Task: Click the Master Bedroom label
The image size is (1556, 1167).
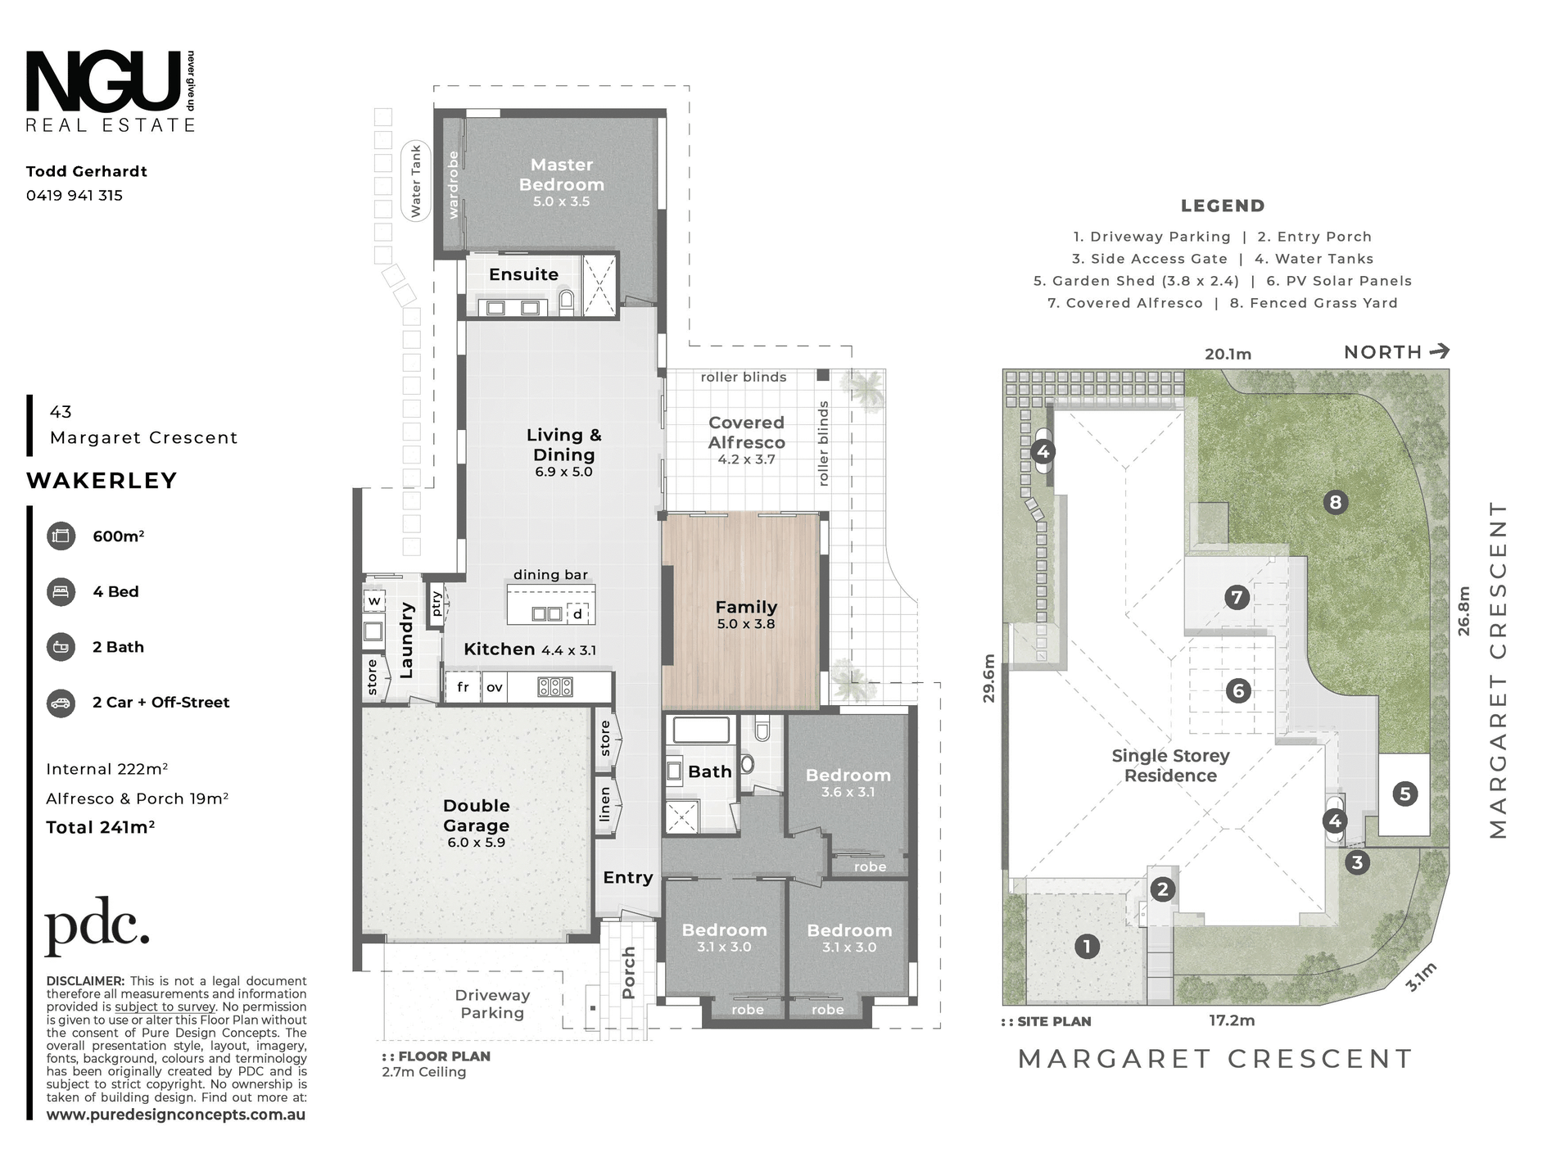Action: (x=562, y=174)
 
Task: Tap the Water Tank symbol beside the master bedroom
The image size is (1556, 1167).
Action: (x=415, y=181)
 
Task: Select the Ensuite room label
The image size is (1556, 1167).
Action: (x=523, y=274)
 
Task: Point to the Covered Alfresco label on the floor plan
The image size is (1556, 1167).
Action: (x=746, y=432)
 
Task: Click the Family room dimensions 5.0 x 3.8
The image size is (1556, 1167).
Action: (x=746, y=624)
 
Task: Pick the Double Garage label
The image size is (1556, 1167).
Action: (x=477, y=816)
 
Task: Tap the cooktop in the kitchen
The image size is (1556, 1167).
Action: (x=555, y=687)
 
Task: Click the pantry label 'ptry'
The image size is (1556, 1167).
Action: (x=436, y=604)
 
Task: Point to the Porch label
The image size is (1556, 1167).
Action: (x=629, y=973)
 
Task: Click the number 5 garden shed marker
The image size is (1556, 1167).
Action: (x=1405, y=794)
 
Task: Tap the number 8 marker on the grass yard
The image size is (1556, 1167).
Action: (x=1336, y=502)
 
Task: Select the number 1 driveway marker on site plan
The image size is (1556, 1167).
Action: (x=1087, y=947)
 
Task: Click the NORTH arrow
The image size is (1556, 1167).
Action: (x=1439, y=351)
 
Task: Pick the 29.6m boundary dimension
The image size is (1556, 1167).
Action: (x=989, y=678)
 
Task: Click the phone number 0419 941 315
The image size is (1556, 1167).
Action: (x=75, y=196)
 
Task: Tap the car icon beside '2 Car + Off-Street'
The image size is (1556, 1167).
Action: (x=61, y=703)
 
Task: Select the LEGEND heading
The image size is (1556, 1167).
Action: (x=1223, y=206)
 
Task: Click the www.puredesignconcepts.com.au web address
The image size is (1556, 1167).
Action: (x=176, y=1115)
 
